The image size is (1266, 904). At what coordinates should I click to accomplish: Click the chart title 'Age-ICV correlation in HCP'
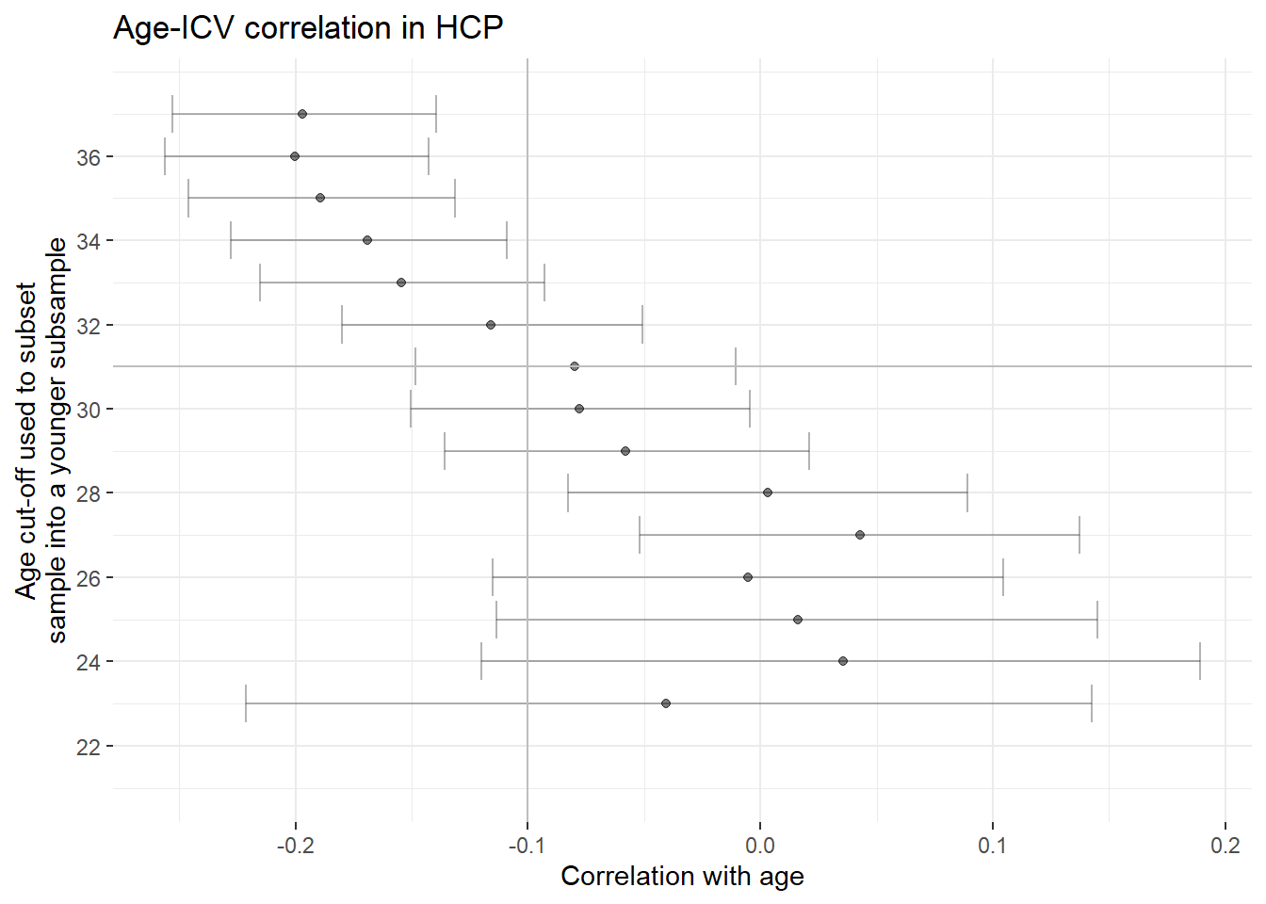308,27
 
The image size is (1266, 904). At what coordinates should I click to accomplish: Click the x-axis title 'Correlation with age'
682,877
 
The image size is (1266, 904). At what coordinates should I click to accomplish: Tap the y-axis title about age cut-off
41,440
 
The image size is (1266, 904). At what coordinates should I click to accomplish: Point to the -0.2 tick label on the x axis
295,846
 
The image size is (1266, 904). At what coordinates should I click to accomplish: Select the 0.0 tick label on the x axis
759,846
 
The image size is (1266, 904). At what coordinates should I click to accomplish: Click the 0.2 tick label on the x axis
1225,846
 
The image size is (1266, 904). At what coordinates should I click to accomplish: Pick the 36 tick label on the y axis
89,157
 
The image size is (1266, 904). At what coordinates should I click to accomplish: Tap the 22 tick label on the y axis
89,748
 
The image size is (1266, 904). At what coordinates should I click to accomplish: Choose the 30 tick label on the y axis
89,411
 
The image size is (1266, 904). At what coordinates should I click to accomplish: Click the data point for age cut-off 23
666,703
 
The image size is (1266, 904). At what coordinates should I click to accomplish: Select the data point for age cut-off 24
843,661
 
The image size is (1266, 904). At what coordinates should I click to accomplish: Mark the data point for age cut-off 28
768,492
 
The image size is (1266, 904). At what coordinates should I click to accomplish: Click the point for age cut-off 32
491,325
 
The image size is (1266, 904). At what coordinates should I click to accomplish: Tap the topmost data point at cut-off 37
302,114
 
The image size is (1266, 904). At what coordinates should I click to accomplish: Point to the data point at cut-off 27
860,535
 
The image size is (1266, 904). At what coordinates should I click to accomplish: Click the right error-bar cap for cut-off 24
1200,661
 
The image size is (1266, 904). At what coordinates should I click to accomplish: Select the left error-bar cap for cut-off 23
246,703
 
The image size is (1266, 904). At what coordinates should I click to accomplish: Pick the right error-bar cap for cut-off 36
429,156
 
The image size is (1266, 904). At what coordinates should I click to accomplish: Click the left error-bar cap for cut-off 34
231,240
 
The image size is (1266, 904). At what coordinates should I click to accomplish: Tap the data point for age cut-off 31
575,366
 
